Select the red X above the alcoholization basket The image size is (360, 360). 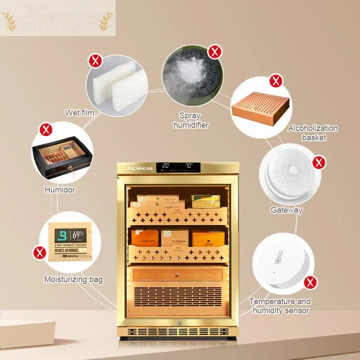click(276, 81)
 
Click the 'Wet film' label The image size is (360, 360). click(80, 112)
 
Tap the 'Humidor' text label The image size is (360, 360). click(60, 190)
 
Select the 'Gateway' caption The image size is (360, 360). click(286, 210)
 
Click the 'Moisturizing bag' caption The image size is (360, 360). click(73, 279)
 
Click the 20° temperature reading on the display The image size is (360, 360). click(166, 166)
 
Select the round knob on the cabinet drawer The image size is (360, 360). click(176, 274)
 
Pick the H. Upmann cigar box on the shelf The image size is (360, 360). click(175, 237)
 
